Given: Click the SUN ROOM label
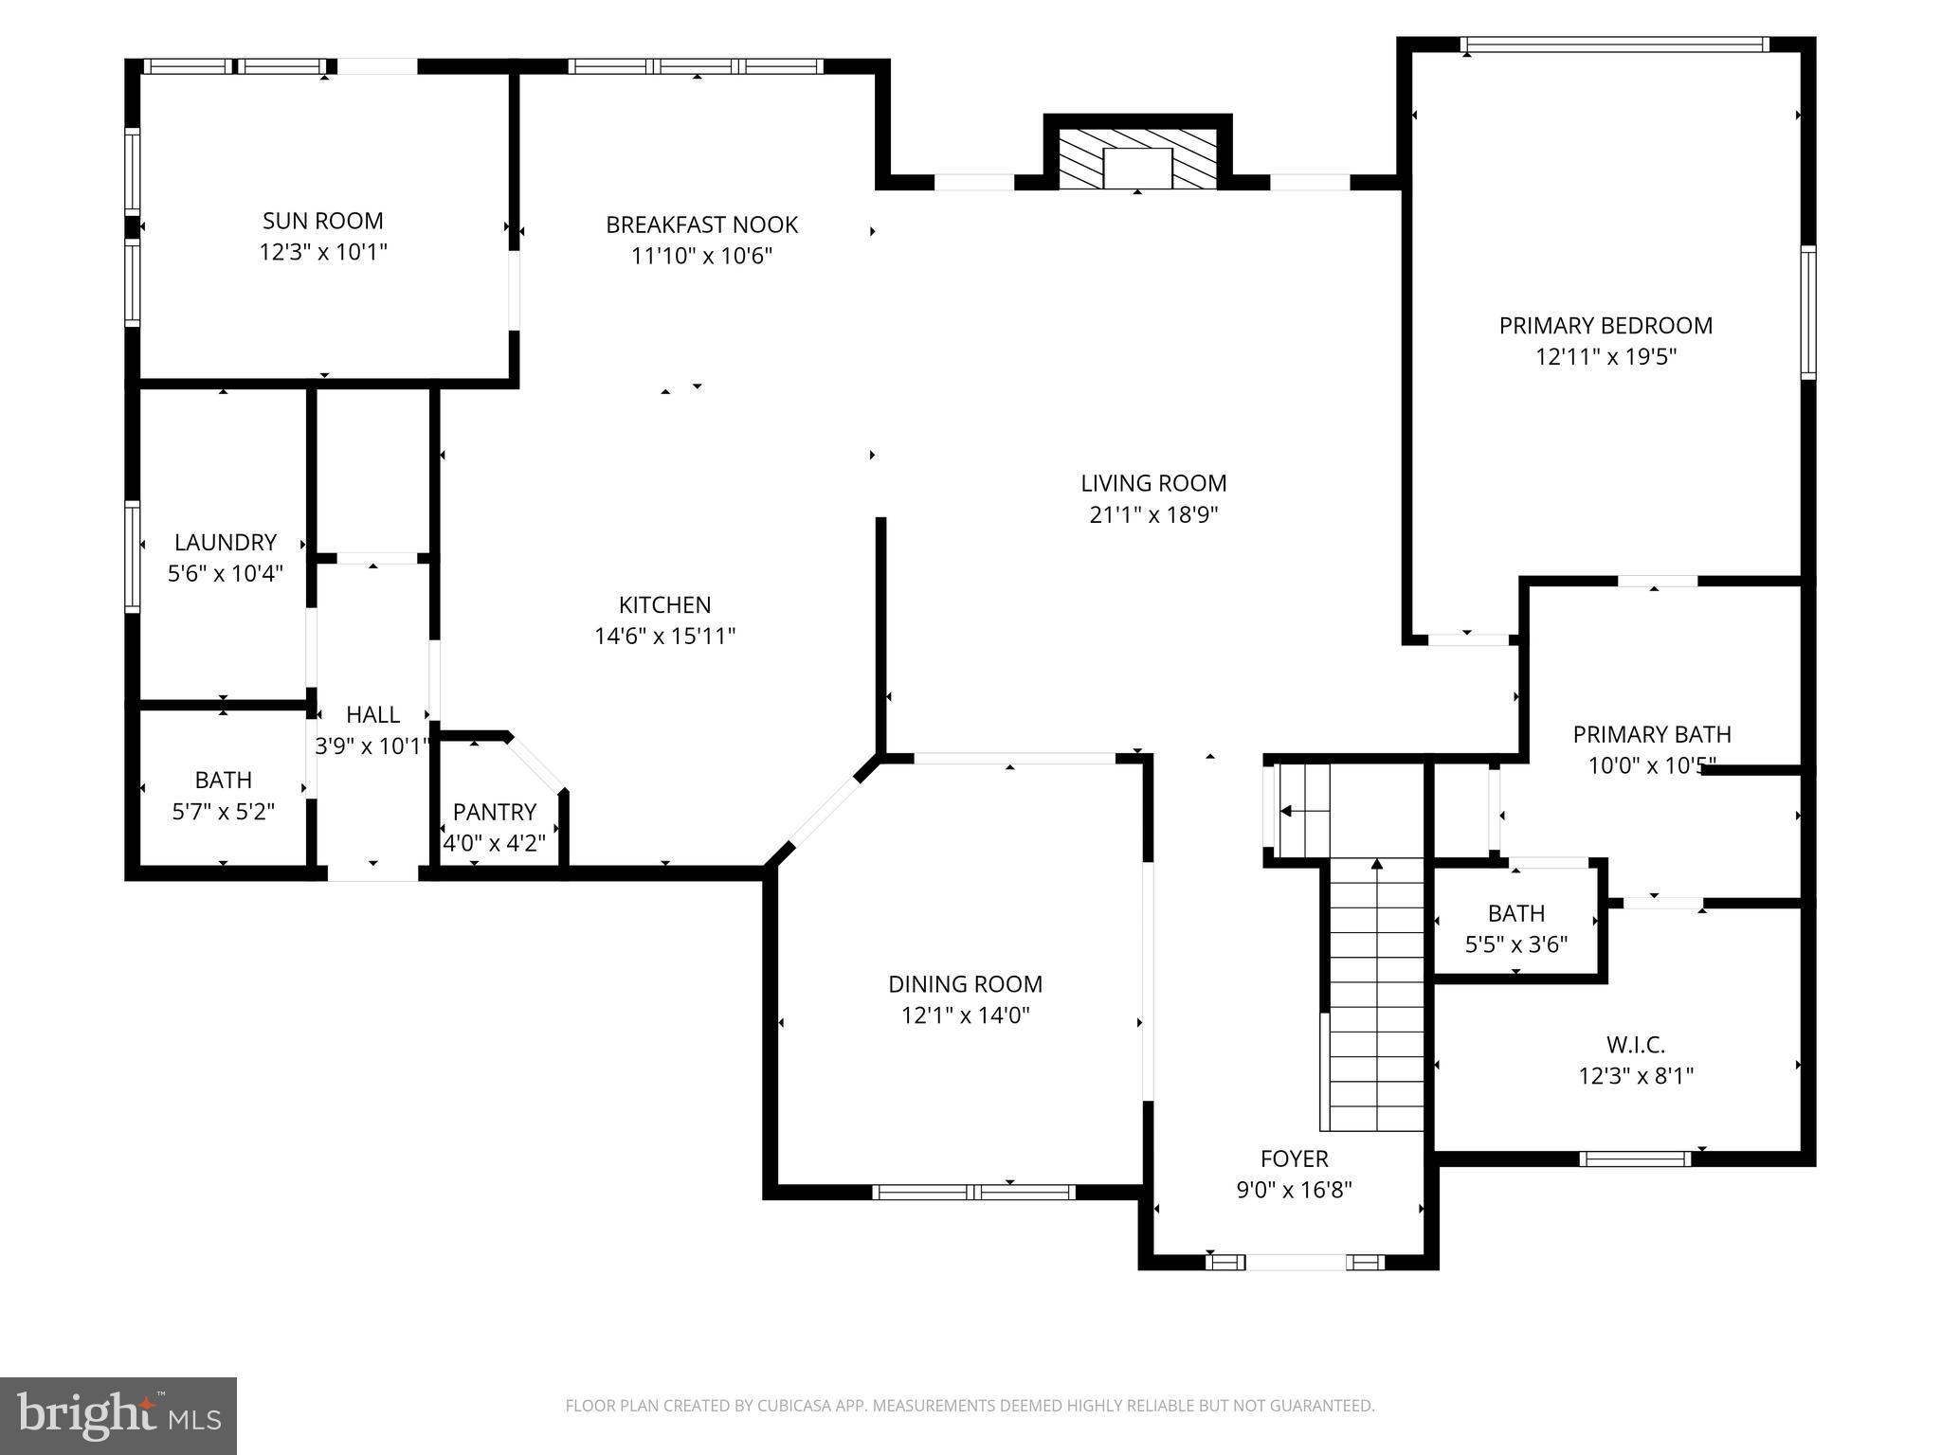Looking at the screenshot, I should (322, 221).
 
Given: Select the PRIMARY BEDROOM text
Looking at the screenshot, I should (1605, 326).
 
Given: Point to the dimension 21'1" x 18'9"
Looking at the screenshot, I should (1153, 514).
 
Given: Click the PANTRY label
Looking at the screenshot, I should (494, 812).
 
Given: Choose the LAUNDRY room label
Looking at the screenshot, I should (225, 542).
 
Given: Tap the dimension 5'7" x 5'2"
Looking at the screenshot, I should (224, 811).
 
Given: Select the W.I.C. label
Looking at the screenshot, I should (1635, 1045).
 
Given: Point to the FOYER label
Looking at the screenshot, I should (1294, 1159).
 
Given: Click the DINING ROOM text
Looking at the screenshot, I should (965, 984).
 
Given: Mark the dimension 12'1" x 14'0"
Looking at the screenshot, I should (965, 1015).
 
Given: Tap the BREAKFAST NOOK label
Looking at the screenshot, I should (701, 225).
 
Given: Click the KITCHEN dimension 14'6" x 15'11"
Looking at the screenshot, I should (664, 636).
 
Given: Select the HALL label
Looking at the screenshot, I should (372, 714).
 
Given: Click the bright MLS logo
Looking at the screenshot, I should (118, 1415).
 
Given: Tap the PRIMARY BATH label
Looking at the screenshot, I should (1651, 734).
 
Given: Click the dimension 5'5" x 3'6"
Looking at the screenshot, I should (1515, 944).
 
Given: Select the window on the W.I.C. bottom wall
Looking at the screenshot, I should (1635, 1158).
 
